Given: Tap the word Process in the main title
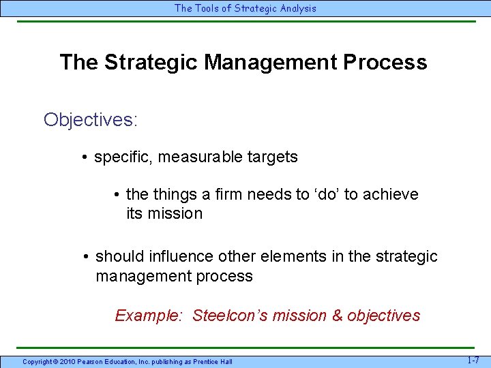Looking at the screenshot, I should click(x=385, y=62).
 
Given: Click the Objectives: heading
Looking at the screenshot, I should click(x=91, y=120).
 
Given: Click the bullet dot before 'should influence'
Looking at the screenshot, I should click(x=86, y=257).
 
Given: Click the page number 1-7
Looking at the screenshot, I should click(x=474, y=360).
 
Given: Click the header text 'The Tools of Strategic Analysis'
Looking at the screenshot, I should click(x=245, y=8).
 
